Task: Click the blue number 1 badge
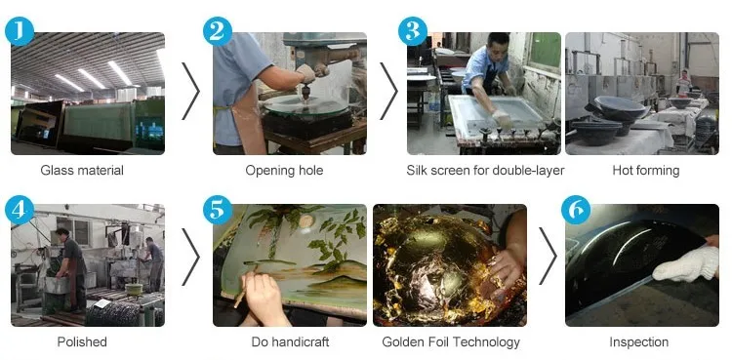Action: click(x=20, y=31)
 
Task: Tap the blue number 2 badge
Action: click(x=218, y=31)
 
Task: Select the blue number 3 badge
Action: click(x=413, y=31)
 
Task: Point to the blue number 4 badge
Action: click(x=20, y=210)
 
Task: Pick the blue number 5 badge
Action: click(x=218, y=210)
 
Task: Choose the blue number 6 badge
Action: click(x=576, y=210)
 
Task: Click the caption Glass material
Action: click(x=82, y=171)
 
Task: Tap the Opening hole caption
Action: click(x=284, y=171)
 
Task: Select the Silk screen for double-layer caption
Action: click(x=485, y=171)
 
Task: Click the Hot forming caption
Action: click(x=646, y=171)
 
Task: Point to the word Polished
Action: click(x=82, y=341)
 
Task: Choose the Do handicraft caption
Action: click(x=290, y=341)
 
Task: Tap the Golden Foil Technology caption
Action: click(x=451, y=342)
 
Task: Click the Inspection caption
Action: click(x=638, y=342)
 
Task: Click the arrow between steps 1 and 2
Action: click(x=190, y=91)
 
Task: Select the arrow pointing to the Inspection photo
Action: click(x=549, y=256)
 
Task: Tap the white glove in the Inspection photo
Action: click(x=685, y=264)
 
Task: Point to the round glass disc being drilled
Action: click(x=306, y=105)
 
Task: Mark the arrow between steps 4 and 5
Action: click(x=190, y=257)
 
